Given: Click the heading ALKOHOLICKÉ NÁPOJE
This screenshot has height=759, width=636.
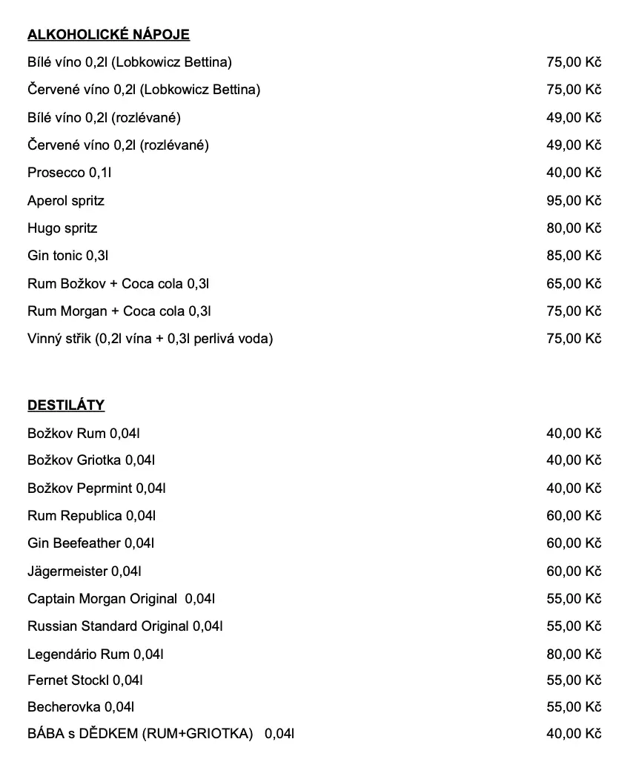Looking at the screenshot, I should pos(108,35).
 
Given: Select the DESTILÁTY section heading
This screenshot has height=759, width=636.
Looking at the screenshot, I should pos(66,405).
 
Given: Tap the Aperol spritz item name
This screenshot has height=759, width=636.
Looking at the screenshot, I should pos(66,201).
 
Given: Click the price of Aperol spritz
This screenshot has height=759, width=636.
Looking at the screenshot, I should pos(574,201).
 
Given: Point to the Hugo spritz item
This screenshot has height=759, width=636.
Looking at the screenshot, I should pos(62,228).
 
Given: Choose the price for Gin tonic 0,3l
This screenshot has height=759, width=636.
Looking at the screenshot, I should pos(574,256).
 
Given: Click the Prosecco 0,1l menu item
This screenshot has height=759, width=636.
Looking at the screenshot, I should pos(70,173).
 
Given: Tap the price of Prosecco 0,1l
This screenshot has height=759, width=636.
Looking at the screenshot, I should pos(574,173).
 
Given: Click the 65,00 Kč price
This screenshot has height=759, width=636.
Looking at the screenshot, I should pos(574,284).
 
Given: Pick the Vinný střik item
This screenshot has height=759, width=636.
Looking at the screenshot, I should pos(150,339).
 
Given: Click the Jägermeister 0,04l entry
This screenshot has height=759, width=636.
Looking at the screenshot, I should pos(85,571).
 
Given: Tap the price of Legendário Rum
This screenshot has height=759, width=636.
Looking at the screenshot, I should pos(574,654).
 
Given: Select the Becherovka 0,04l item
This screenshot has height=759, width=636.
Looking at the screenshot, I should pos(81,707).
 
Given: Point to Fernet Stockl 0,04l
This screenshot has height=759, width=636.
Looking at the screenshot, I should pos(85,680).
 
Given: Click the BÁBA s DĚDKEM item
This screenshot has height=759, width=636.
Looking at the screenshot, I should pos(161,735).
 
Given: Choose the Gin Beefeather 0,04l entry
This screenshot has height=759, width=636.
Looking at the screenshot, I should pos(91,543).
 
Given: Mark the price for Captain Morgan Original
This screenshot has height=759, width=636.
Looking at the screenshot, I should pos(574,599).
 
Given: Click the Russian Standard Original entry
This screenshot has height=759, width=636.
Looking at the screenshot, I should pos(125,626).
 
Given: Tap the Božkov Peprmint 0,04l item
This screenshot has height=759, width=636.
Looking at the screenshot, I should pos(96,488).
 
